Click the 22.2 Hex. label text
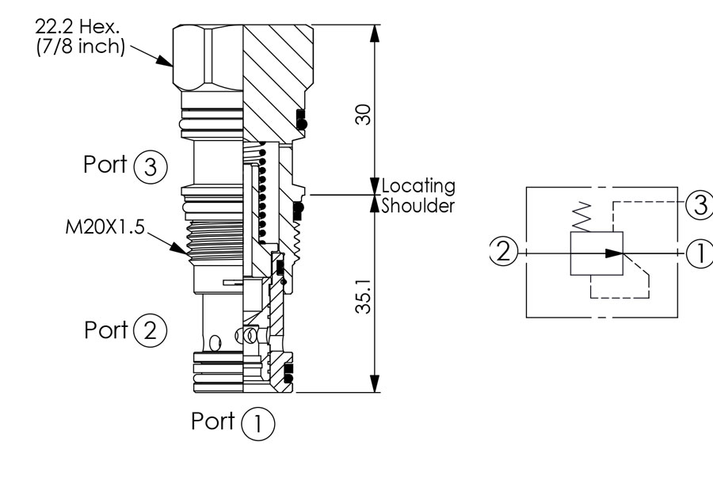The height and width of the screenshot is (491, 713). click(x=78, y=26)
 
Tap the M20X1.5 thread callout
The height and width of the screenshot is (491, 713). click(x=105, y=226)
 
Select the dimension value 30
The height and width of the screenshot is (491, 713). click(x=364, y=114)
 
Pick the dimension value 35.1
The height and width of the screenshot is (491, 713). click(x=364, y=296)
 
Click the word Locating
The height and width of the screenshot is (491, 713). click(x=418, y=186)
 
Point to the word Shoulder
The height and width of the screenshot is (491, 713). click(x=418, y=205)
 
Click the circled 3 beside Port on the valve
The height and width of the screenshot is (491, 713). click(x=151, y=167)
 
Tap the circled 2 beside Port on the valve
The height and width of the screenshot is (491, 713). click(x=151, y=330)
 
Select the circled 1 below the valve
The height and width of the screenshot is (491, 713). click(x=257, y=424)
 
